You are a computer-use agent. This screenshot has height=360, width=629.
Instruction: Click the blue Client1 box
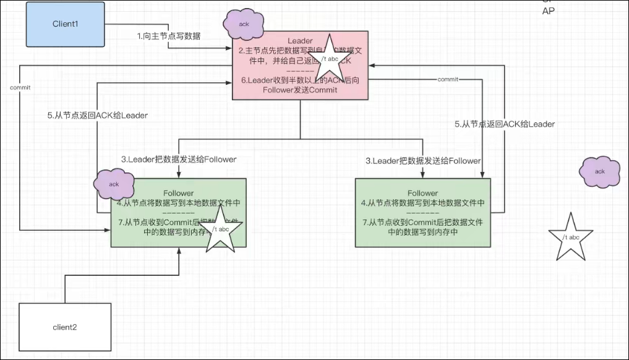coord(65,24)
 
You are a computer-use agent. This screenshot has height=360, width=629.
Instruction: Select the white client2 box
coord(65,327)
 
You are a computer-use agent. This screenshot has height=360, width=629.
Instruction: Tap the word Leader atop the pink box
coord(300,41)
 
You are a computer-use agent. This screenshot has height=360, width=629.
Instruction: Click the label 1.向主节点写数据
coord(169,36)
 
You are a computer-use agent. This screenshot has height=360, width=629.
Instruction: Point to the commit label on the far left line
coord(20,87)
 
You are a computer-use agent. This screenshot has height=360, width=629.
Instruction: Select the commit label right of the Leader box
coord(447,80)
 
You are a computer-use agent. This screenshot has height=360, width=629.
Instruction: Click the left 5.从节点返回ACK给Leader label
coord(98,115)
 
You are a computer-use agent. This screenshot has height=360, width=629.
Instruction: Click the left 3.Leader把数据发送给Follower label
coord(179,159)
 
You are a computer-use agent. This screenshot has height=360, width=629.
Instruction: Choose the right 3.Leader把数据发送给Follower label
coord(423,160)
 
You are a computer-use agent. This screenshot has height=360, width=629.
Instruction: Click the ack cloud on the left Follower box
coord(113,184)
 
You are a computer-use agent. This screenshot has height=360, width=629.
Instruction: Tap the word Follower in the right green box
coord(422,193)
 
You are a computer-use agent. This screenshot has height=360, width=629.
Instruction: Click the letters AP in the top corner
coord(548,11)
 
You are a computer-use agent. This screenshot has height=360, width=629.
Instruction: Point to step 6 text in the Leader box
coord(300,85)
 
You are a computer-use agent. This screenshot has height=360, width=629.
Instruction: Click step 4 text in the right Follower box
coord(422,202)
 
